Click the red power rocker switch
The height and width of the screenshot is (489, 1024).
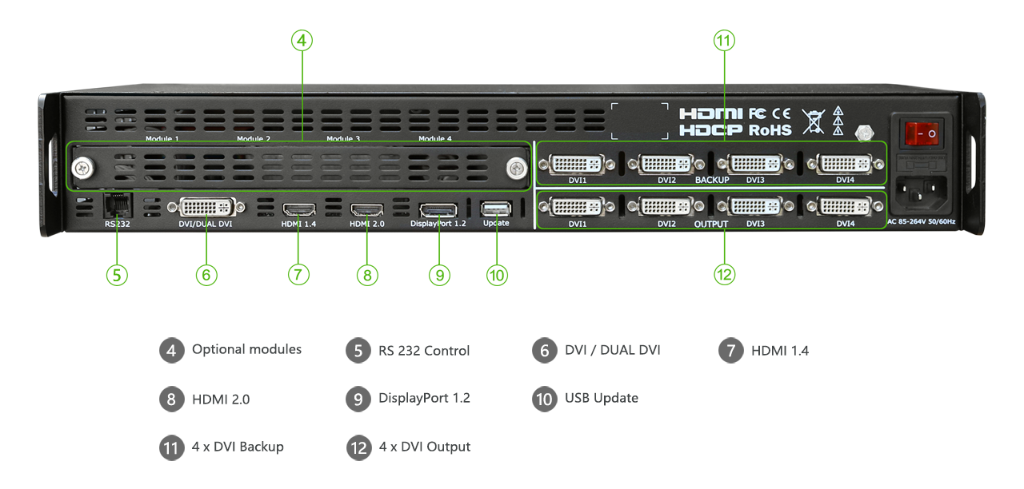pos(921,133)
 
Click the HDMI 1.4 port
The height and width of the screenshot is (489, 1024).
pos(298,210)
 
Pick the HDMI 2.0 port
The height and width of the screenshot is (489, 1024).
pos(367,210)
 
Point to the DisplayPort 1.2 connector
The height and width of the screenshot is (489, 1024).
pos(438,210)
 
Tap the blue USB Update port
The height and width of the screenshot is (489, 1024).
pos(495,209)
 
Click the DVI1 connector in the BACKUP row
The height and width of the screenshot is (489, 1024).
pos(577,165)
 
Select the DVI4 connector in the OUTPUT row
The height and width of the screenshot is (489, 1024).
pos(845,207)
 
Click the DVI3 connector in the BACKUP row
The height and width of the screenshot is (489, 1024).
pos(754,165)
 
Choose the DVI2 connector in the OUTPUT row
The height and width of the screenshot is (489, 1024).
pos(666,207)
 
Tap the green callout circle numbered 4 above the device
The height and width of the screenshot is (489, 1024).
pos(302,41)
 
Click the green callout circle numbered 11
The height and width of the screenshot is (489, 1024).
pos(724,41)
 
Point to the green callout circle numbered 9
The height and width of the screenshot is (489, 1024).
pos(439,275)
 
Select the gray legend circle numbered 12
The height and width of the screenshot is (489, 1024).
pos(358,447)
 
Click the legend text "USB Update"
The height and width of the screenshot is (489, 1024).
pos(601,398)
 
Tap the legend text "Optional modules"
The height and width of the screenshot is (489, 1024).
pos(246,349)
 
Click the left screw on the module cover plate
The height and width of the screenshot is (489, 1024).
pos(81,168)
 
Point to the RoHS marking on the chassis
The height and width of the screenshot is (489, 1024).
pos(770,129)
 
